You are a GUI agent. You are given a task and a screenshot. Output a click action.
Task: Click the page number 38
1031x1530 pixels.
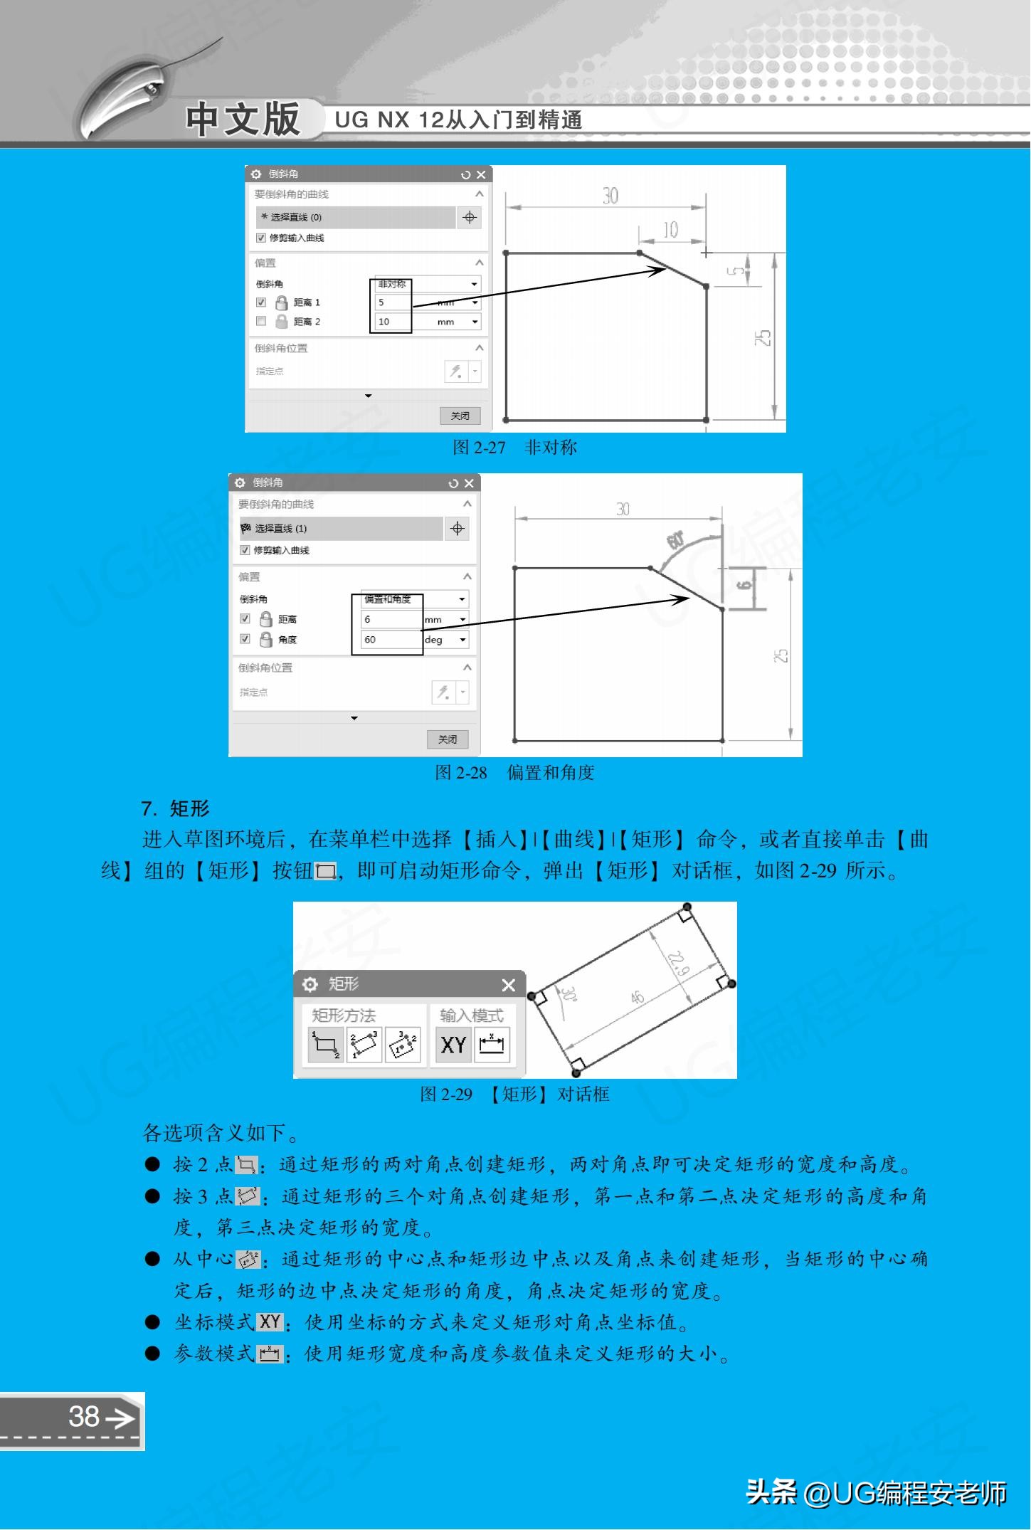[84, 1416]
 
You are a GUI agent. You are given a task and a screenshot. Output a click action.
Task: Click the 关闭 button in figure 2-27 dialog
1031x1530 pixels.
[460, 416]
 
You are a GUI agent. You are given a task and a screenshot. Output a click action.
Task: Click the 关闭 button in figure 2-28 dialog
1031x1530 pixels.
[447, 739]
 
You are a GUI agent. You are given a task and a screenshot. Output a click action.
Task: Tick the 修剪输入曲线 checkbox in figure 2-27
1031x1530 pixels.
[261, 238]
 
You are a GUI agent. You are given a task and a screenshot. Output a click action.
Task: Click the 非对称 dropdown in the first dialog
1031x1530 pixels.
[427, 284]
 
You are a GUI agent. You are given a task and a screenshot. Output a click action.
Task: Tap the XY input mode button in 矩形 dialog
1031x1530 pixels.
[453, 1045]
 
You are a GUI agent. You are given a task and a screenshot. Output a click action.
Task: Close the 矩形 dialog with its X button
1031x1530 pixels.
[508, 985]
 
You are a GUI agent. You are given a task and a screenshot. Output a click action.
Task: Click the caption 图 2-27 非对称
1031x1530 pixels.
[514, 447]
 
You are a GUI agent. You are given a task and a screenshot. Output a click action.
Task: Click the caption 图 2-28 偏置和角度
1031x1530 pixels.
[514, 772]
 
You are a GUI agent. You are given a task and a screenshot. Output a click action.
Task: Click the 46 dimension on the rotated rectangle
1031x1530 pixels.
[637, 997]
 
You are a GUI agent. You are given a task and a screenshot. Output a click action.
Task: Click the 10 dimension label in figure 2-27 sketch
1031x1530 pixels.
[670, 230]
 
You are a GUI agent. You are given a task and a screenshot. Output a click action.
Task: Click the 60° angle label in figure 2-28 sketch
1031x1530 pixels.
[675, 541]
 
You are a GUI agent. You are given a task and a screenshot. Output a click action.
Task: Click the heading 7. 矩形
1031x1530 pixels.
[175, 808]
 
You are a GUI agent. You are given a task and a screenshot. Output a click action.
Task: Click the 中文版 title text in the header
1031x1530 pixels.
[243, 119]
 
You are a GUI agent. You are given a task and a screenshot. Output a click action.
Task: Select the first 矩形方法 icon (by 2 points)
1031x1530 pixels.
[325, 1045]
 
